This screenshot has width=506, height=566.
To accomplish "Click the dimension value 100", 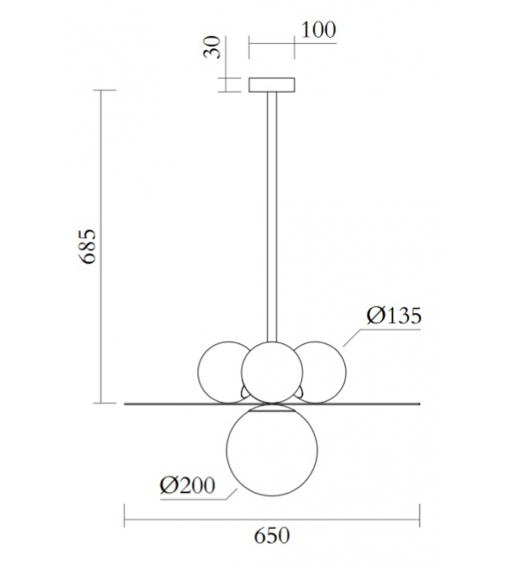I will pos(318,29).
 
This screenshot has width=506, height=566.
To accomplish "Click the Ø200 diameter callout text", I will pos(186,484).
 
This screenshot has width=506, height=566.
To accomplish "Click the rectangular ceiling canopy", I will pos(271,85).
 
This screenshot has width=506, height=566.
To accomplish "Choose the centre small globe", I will pos(272,371).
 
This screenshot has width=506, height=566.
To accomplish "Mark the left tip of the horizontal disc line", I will pos(125,405).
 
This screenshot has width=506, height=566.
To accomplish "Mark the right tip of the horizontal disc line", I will pos(420,405).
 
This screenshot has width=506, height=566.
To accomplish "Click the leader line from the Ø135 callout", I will pos(353,337).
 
